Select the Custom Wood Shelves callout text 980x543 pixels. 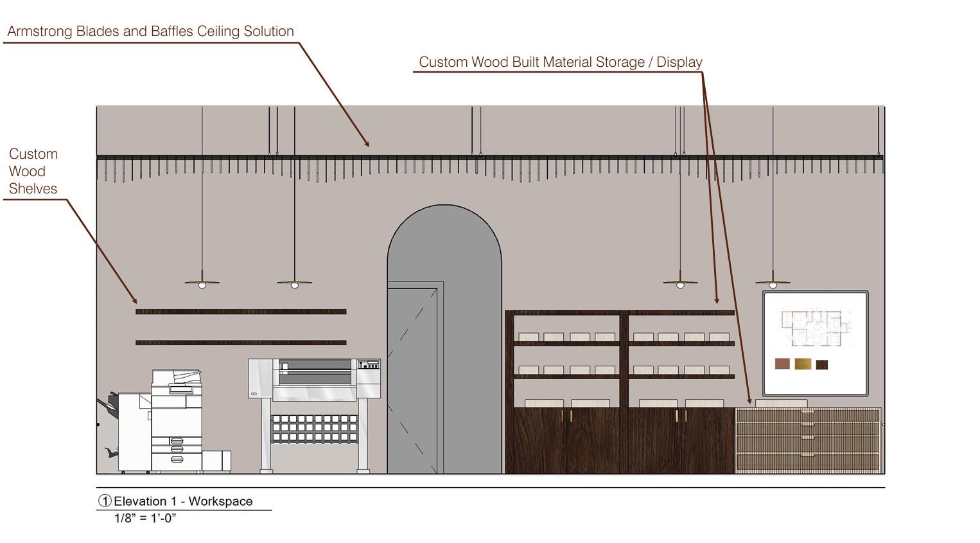coord(33,172)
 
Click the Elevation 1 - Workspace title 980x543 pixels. coord(183,501)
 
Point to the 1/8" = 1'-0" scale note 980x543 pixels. coord(145,518)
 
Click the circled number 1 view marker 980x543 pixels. coord(105,501)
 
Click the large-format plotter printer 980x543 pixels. coord(315,392)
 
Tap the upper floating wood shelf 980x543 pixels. coord(241,312)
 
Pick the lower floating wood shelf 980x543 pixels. coord(241,343)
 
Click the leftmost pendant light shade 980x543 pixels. coord(202,282)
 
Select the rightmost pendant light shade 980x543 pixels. coord(773,282)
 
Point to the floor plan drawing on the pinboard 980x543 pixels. coord(812,327)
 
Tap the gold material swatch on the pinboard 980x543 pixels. coord(803,364)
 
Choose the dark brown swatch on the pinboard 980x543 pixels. coord(822,364)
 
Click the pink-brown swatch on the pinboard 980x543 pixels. coord(782,364)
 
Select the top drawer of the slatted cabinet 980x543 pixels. coord(808,415)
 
